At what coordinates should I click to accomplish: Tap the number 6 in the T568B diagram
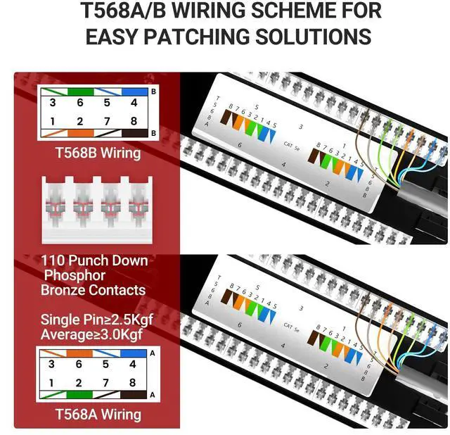(80, 102)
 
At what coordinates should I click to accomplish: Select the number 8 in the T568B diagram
(133, 121)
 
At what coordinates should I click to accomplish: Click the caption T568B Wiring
(98, 153)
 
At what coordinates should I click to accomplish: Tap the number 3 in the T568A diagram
(51, 364)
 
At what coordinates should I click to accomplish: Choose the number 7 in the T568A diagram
(106, 383)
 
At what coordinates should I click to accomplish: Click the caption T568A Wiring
(98, 415)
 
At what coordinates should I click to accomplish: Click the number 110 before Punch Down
(54, 260)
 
